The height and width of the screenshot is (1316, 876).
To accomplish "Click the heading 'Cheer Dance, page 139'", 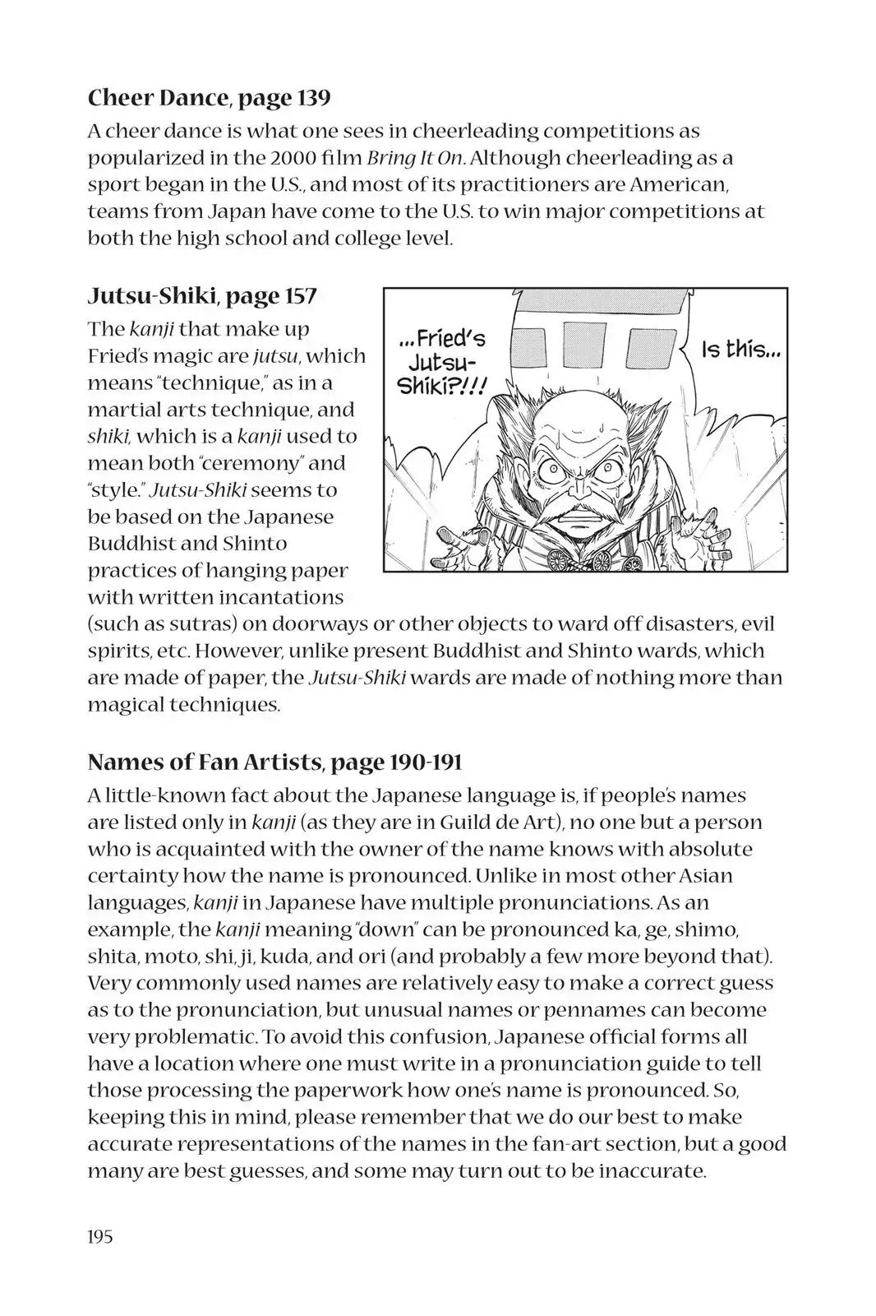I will click(209, 98).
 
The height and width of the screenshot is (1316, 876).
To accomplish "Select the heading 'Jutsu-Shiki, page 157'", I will click(202, 295).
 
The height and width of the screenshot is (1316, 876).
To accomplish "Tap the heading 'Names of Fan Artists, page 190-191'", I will click(274, 762).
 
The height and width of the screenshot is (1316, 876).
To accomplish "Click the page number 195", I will click(100, 1235).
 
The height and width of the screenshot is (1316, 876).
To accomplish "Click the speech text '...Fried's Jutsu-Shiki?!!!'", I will click(441, 362).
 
